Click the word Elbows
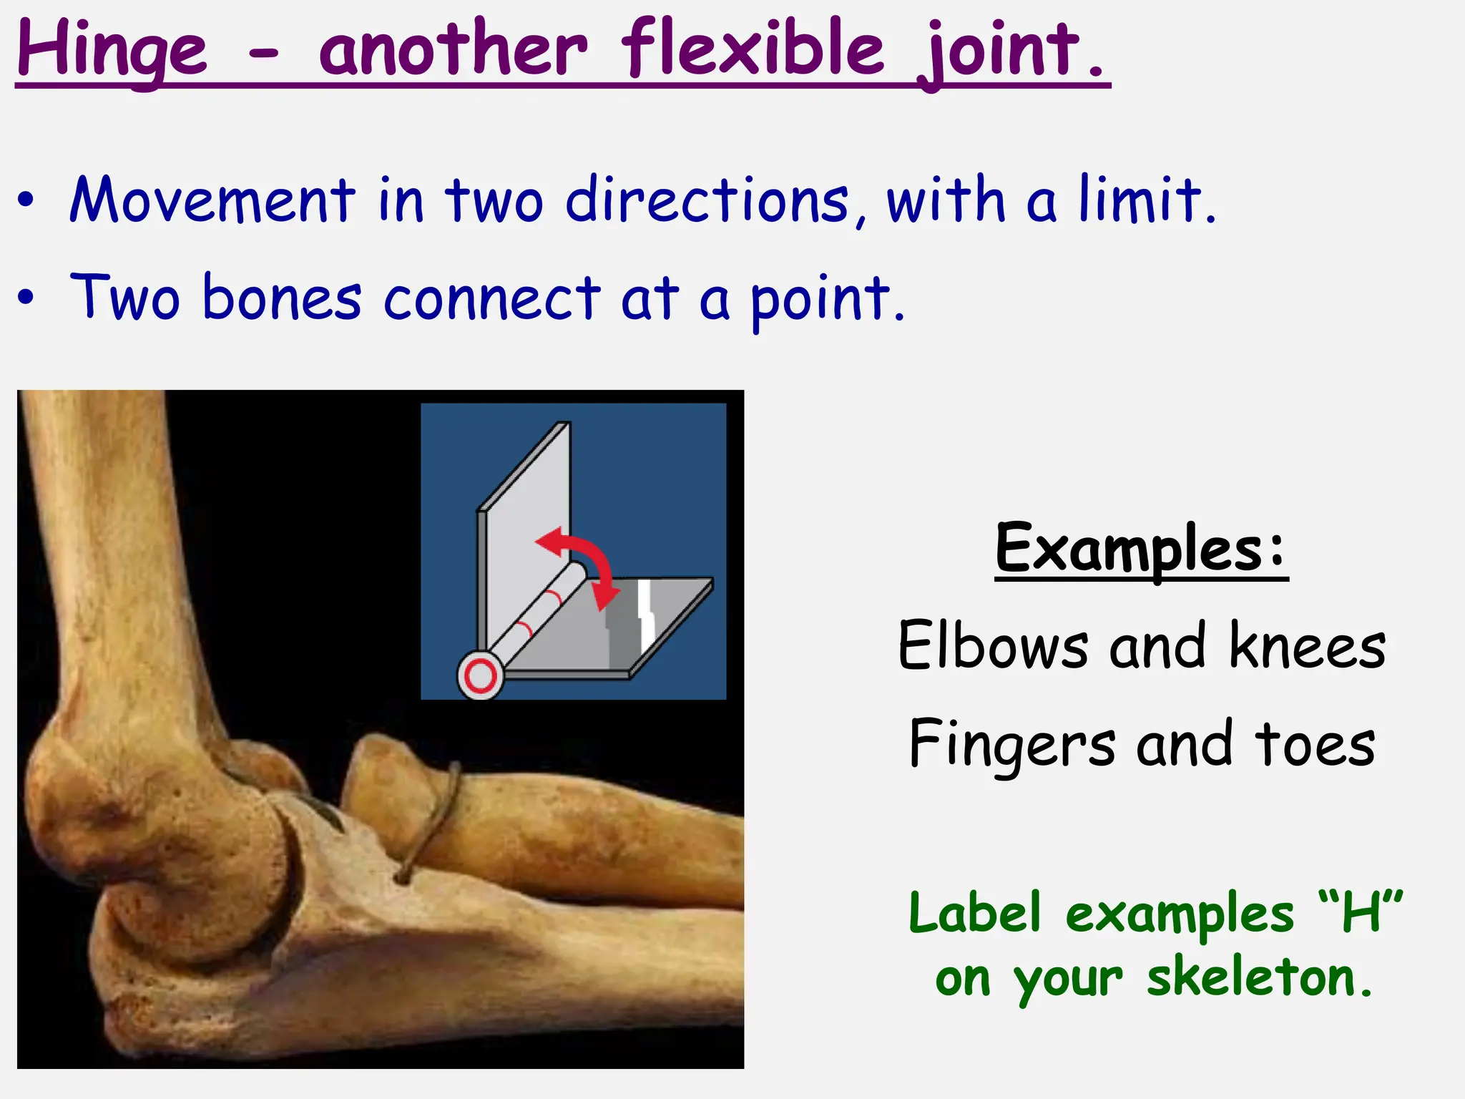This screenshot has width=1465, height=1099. pos(994,646)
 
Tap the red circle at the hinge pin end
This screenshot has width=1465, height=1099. pos(480,675)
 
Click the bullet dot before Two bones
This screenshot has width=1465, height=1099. pos(26,298)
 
